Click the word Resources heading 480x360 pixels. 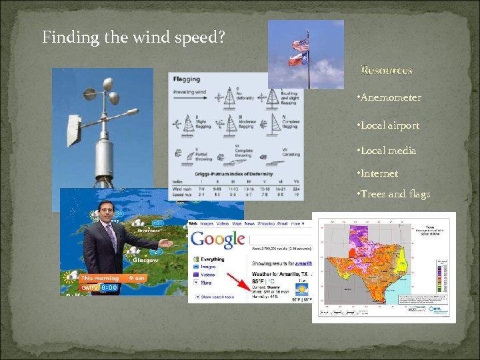point(387,70)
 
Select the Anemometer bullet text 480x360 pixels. point(391,98)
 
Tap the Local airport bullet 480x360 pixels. point(389,125)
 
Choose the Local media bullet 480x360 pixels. point(388,151)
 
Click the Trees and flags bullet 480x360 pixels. point(395,194)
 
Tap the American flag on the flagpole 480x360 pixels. point(301,45)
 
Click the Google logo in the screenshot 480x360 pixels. point(217,240)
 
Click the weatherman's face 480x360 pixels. point(105,213)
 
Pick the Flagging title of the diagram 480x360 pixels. point(187,79)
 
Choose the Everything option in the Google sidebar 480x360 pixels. point(212,260)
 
